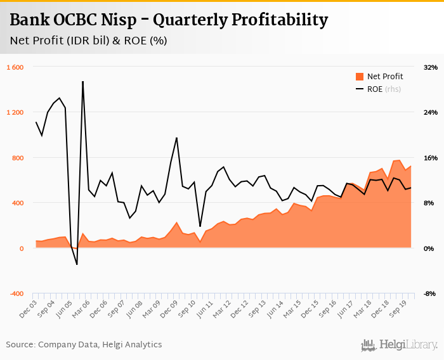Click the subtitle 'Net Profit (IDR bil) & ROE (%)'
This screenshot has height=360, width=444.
coord(88,41)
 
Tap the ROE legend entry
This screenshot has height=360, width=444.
coord(375,89)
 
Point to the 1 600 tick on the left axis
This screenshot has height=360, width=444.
coord(15,67)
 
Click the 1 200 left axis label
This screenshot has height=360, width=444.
coord(15,112)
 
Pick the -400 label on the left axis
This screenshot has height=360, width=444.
coord(15,293)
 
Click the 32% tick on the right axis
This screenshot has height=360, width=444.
coord(431,67)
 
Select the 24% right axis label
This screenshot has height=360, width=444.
coord(431,112)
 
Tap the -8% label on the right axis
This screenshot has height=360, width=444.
coord(431,293)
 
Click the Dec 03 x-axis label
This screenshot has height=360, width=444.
coord(29,309)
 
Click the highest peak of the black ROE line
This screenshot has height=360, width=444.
coord(83,82)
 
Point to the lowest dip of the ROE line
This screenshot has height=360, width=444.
coord(77,264)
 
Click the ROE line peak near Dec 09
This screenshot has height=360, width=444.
coord(176,138)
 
